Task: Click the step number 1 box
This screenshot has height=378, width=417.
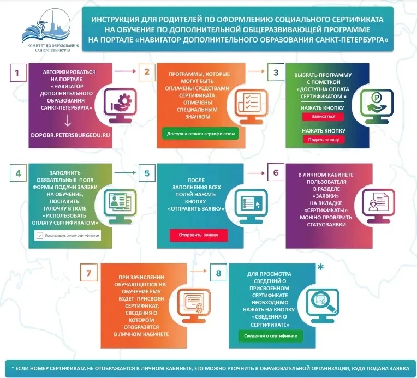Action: pos(18,73)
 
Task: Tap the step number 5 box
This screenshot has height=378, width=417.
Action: pos(147,173)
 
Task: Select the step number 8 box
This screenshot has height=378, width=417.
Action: pos(218,273)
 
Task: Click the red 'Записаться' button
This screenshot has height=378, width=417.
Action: pos(323,116)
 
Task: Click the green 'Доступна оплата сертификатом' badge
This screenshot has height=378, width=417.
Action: pos(201,134)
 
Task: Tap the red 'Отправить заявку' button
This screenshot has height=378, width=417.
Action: pos(198,235)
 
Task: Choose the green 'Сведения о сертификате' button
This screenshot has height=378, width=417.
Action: pos(270,336)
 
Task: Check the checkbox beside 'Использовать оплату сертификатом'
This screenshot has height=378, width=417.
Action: pos(40,236)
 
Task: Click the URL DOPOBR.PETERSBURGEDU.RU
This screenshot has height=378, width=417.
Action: pos(70,135)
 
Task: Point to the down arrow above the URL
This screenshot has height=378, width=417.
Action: pos(68,120)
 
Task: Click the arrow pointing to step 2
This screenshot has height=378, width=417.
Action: pos(125,71)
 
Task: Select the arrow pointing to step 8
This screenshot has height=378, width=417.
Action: pos(198,271)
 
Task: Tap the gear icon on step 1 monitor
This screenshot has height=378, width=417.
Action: pos(123,101)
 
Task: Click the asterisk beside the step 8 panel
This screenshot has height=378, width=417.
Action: pos(321,267)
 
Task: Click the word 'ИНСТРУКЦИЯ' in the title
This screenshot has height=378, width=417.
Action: pos(115,20)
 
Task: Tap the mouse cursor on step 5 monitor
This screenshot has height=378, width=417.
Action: pos(258,205)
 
